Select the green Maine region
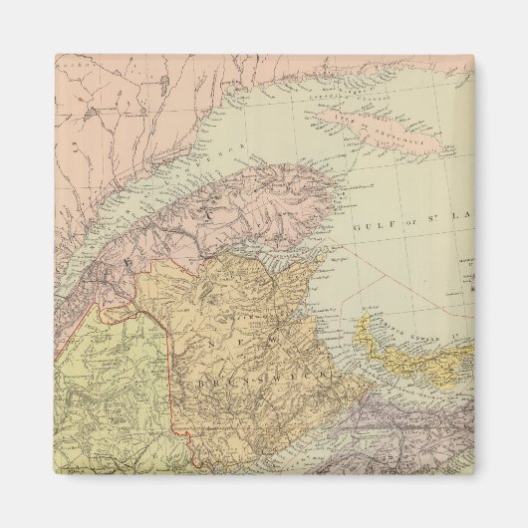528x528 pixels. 100,398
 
